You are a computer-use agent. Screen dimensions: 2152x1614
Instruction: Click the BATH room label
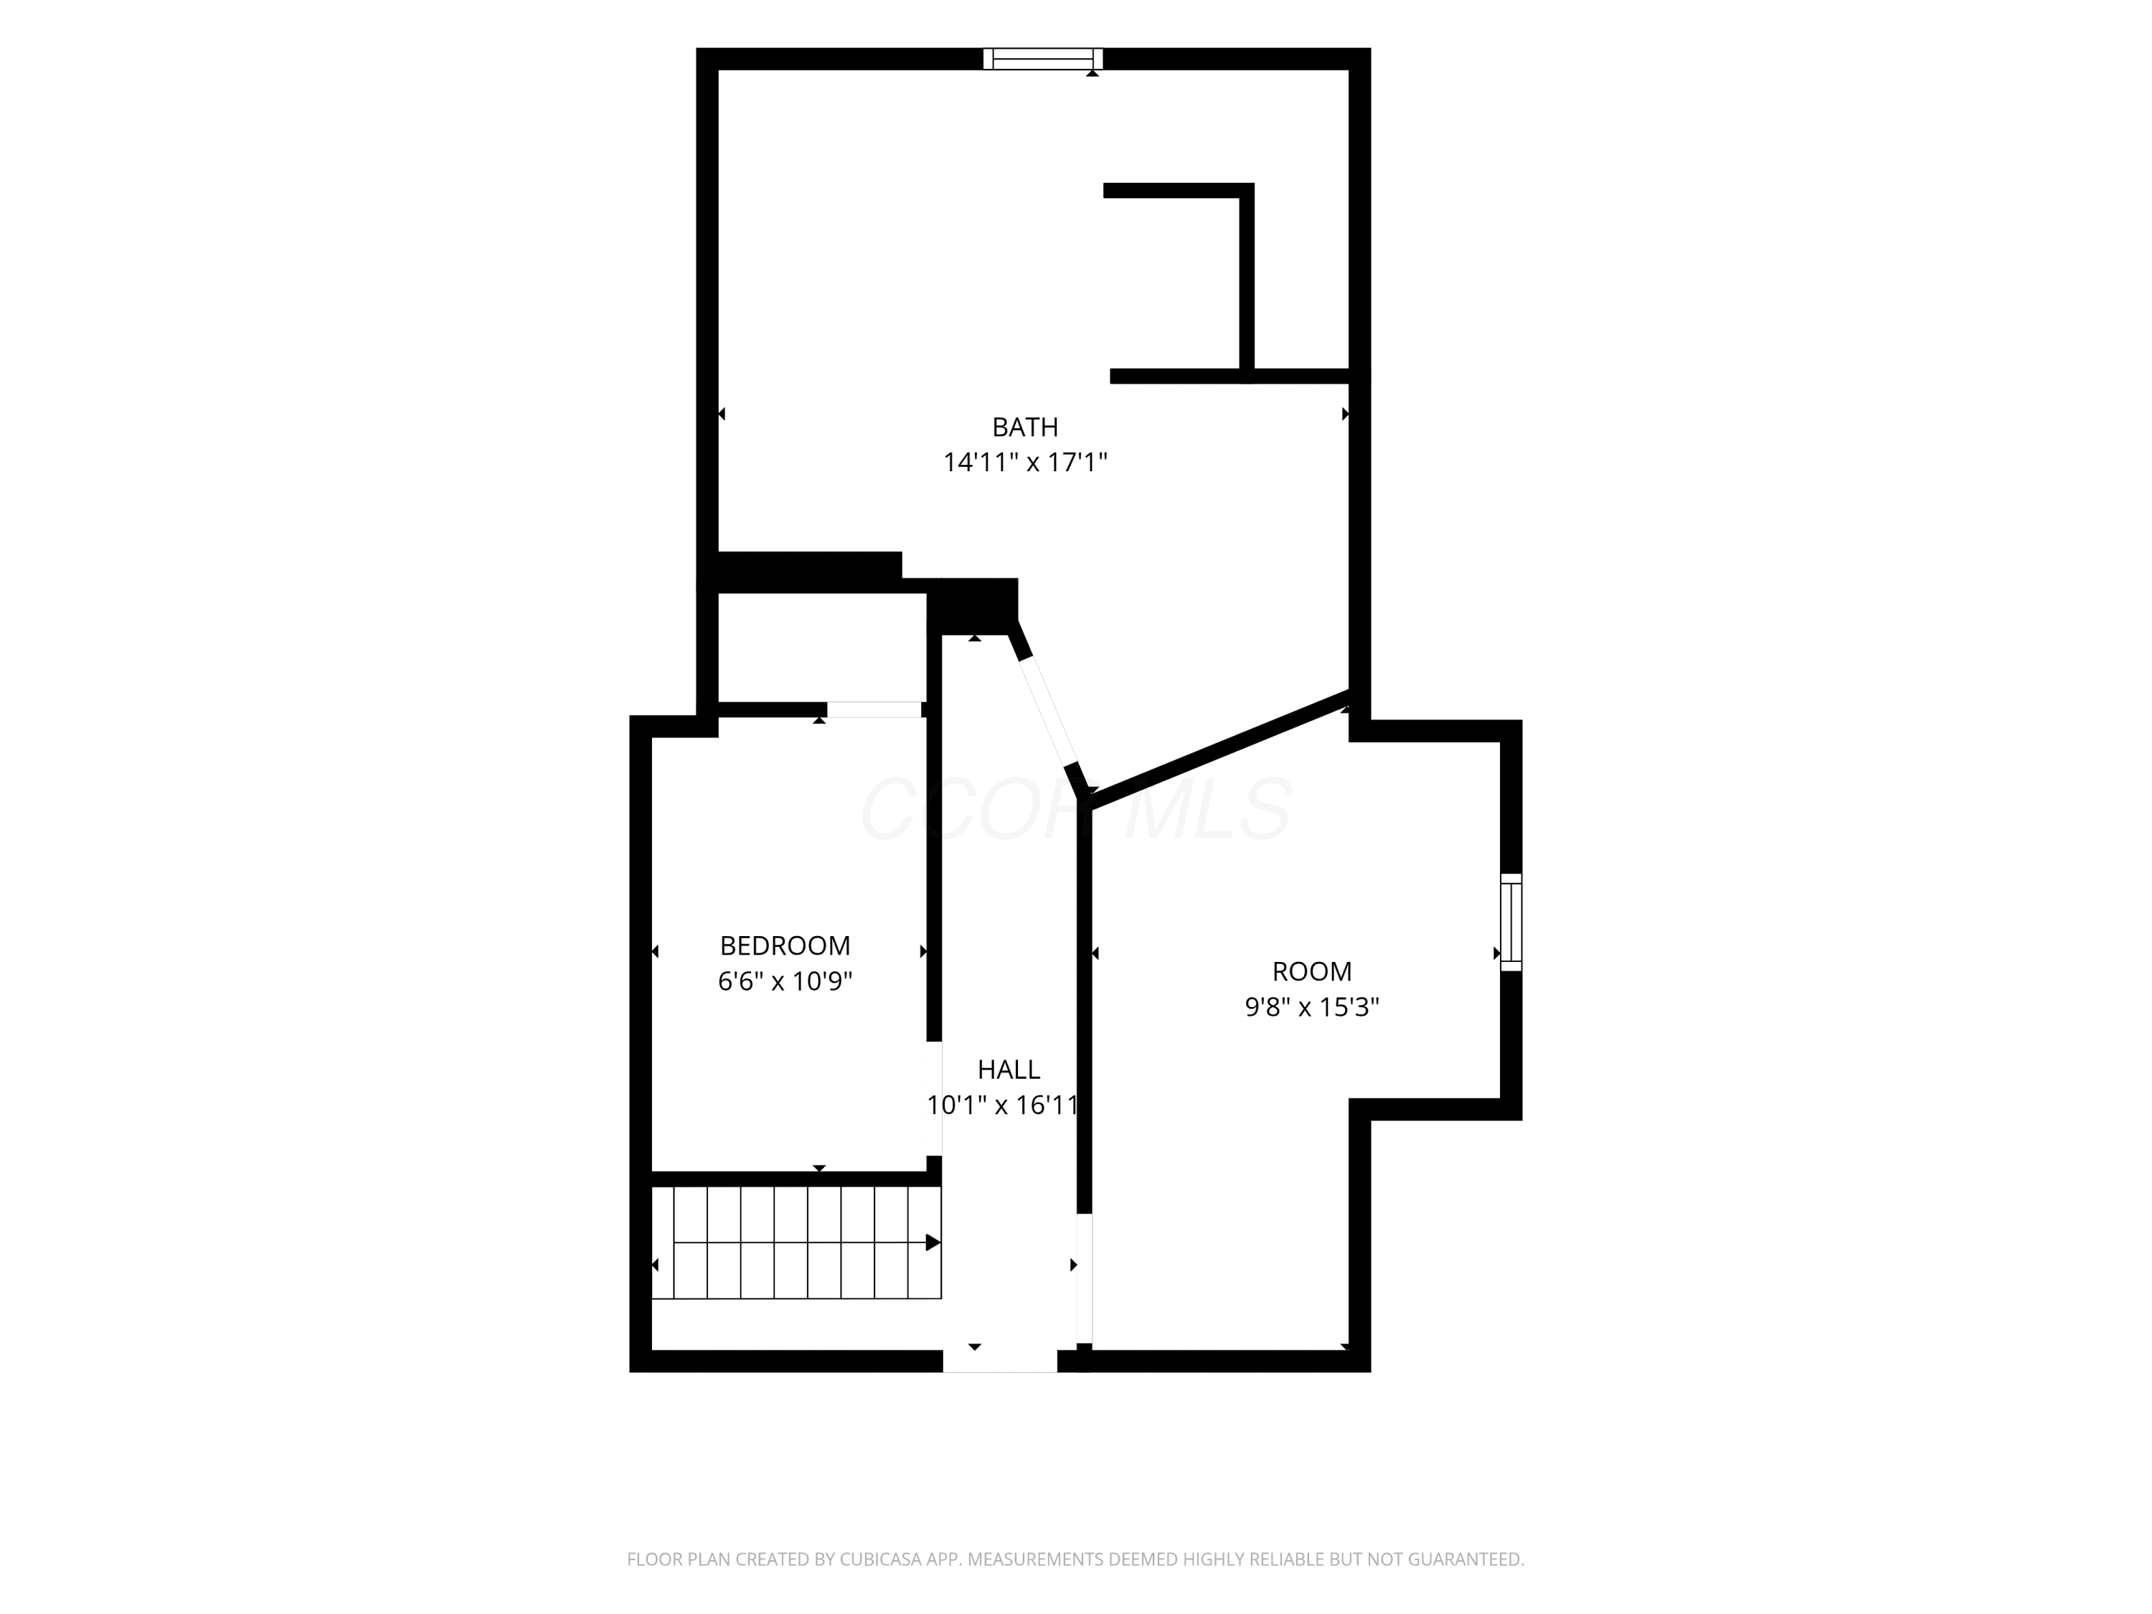1024,427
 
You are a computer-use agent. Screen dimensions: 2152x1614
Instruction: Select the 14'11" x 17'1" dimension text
1025,462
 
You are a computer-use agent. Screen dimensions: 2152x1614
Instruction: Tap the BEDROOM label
785,945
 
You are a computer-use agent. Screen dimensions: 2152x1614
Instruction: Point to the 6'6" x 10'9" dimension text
785,981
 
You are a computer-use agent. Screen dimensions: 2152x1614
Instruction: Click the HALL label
1009,1070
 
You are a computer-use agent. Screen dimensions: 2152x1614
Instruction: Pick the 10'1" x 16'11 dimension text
1003,1105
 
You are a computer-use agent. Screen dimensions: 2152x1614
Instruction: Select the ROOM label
1311,971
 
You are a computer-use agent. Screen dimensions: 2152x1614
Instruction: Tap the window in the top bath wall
1043,58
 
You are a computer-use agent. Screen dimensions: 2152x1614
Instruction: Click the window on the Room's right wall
1511,921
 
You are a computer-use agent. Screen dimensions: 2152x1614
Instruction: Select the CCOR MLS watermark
1076,808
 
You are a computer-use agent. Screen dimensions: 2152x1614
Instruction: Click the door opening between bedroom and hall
934,1098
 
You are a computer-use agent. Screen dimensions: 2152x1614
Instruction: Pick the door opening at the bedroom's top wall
874,709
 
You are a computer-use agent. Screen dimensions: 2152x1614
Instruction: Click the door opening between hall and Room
1084,1278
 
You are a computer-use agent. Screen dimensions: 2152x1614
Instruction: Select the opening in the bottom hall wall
1000,1361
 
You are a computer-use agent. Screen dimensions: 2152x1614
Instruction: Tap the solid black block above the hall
973,606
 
